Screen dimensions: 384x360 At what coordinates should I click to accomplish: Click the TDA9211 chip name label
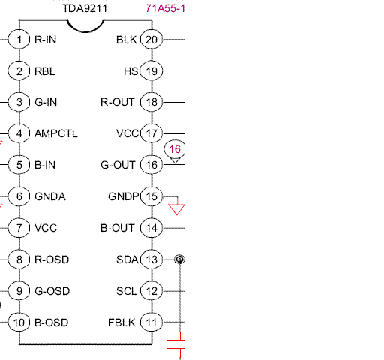click(x=85, y=8)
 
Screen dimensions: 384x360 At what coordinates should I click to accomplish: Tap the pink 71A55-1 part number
click(x=165, y=8)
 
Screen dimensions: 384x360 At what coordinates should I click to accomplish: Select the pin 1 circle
click(x=19, y=40)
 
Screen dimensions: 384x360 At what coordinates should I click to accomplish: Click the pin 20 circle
click(x=151, y=40)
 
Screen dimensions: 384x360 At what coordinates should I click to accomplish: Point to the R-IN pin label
click(x=46, y=40)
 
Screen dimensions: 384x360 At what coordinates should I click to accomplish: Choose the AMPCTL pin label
click(x=56, y=133)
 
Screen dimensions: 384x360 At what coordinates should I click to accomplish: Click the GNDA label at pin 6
click(x=50, y=196)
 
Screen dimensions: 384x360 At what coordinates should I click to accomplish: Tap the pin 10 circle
click(x=19, y=322)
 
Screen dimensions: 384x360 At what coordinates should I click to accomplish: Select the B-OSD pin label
click(x=52, y=322)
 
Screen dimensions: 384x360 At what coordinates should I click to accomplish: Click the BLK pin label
click(x=127, y=40)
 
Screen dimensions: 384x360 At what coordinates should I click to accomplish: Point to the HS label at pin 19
click(x=130, y=71)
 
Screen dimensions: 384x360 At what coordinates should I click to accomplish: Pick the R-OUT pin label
click(x=118, y=102)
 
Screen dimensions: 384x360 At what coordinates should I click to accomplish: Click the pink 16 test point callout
click(x=175, y=151)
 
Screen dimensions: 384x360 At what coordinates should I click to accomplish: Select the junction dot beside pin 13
click(x=179, y=259)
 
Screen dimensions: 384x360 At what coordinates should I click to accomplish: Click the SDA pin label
click(x=127, y=259)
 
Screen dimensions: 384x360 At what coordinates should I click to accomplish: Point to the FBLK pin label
click(x=121, y=322)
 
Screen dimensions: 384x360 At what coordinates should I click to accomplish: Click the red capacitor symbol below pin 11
click(x=176, y=344)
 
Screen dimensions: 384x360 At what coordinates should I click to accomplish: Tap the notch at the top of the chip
click(x=85, y=31)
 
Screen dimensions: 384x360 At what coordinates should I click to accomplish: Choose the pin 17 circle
click(x=151, y=133)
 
